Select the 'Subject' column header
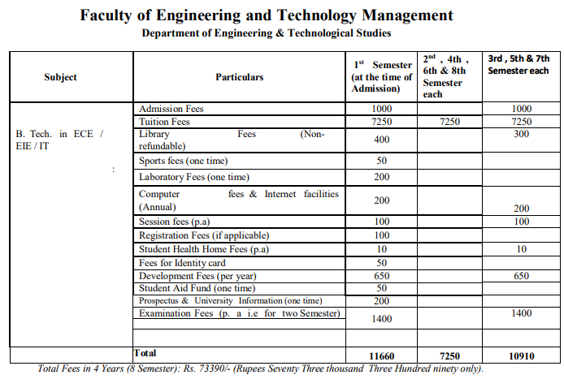(x=60, y=77)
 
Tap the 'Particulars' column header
(x=239, y=77)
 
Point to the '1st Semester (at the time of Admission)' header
(x=381, y=76)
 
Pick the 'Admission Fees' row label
(x=171, y=109)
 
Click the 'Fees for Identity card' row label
(x=182, y=263)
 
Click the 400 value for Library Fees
(x=381, y=140)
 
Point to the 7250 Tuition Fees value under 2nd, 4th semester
(x=449, y=122)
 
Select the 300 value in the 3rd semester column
(x=522, y=134)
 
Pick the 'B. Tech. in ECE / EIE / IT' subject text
(x=60, y=140)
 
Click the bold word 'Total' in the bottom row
(x=145, y=354)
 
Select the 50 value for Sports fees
(x=381, y=161)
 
